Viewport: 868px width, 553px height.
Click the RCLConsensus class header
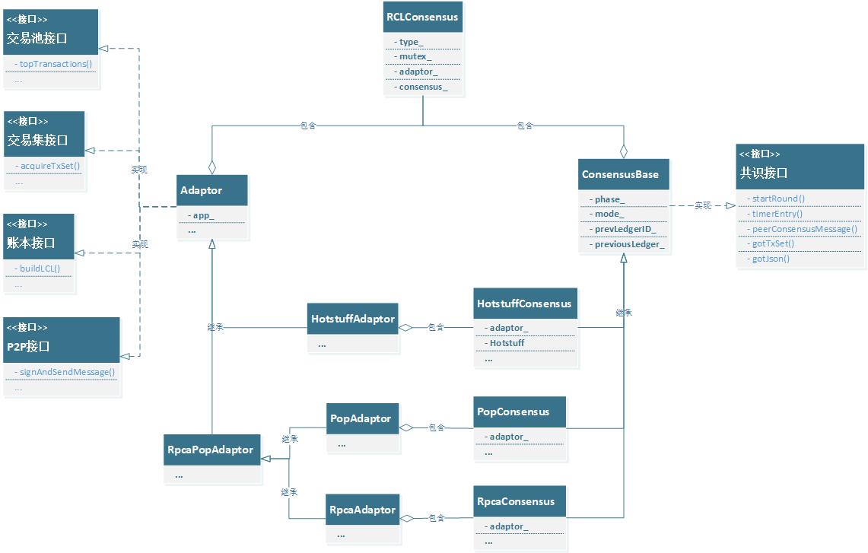(422, 17)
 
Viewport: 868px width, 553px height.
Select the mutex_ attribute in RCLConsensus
(415, 56)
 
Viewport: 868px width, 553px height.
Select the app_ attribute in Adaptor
(203, 215)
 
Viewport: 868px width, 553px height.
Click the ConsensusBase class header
(620, 174)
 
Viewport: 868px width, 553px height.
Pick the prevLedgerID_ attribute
(625, 229)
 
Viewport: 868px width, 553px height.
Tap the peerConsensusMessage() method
(804, 228)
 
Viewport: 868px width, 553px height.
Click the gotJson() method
(771, 259)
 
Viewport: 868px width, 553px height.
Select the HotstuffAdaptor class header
(353, 319)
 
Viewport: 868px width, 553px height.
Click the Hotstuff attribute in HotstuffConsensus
(507, 343)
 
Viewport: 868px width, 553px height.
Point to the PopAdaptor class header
(361, 418)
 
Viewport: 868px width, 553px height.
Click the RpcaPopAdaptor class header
(210, 450)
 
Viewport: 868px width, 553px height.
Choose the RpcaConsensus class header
(516, 501)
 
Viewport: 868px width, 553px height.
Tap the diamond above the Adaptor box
(212, 167)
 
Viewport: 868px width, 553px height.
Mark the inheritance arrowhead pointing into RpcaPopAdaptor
(266, 459)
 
